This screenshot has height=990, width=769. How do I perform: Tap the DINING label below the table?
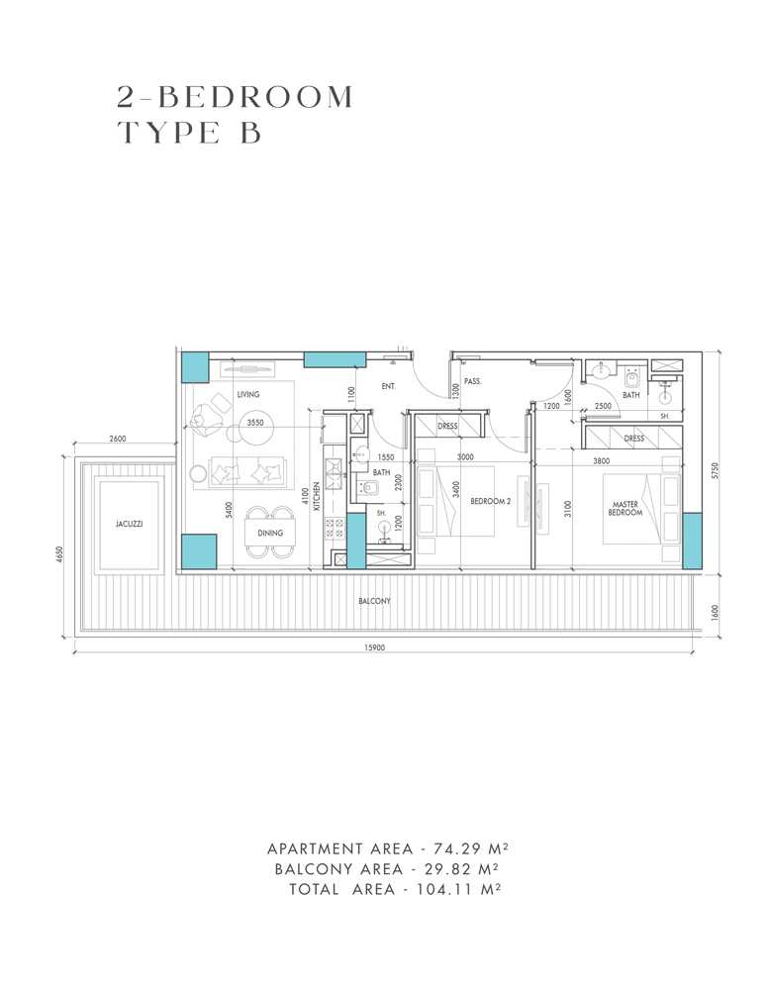click(270, 534)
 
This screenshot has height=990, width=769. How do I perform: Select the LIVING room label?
click(248, 395)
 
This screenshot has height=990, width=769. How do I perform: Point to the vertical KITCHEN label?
click(317, 494)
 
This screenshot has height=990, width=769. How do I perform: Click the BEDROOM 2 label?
click(490, 502)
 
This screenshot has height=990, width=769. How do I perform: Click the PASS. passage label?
click(473, 380)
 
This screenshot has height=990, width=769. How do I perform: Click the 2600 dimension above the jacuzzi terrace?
click(118, 440)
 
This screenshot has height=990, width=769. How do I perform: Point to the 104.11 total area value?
click(452, 889)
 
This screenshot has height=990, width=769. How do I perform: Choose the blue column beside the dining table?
click(199, 550)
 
